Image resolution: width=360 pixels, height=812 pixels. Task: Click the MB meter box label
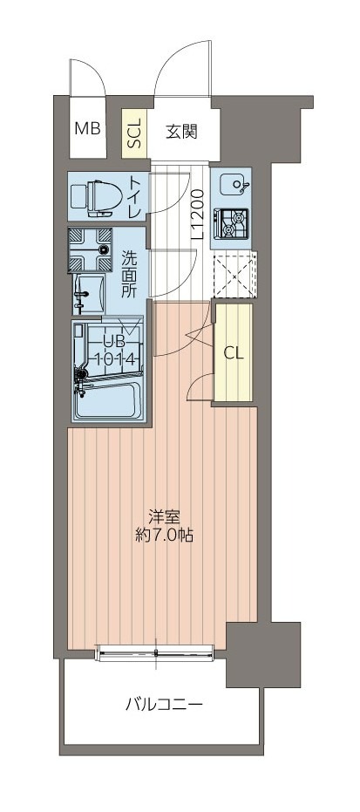click(87, 130)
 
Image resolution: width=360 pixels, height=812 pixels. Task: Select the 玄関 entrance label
click(181, 132)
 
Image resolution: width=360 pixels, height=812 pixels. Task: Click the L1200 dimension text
click(198, 214)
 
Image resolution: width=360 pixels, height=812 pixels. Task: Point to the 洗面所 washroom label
click(129, 275)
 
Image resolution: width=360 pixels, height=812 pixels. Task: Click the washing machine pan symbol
click(93, 249)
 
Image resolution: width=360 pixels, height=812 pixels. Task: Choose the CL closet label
click(233, 353)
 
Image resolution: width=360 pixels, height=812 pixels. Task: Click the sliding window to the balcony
click(155, 651)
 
